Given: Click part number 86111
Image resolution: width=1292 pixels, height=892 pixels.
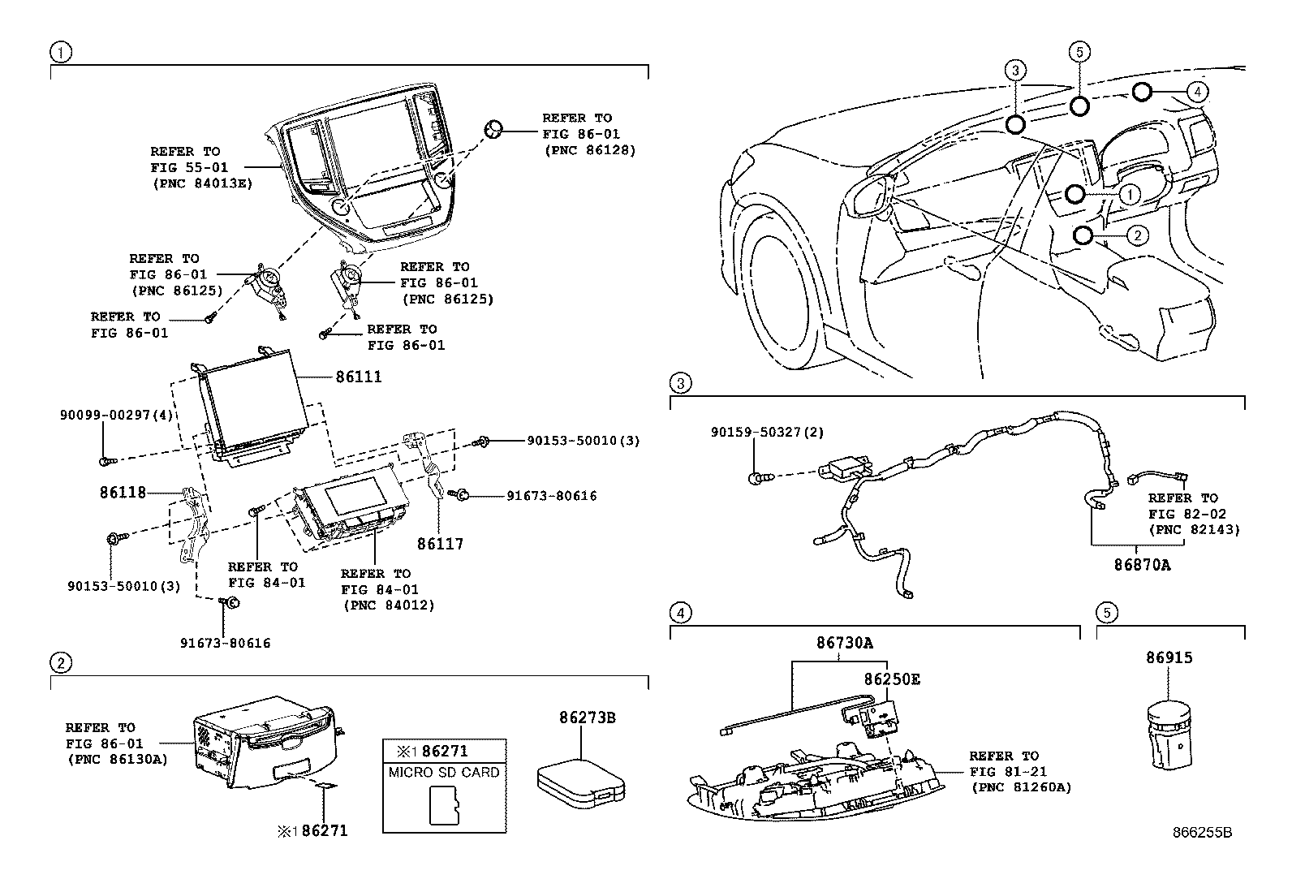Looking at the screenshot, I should point(359,377).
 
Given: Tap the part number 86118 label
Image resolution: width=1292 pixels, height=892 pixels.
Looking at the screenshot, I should point(123,492).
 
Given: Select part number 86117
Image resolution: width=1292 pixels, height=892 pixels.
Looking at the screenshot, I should point(441,544).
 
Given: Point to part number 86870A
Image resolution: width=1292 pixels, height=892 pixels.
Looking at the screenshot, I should point(1142,565).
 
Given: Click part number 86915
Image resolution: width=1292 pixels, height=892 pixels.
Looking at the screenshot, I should point(1169,657).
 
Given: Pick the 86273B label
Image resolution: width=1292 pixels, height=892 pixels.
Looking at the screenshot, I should point(587,717).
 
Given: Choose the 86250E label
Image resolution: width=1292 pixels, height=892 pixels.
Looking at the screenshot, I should point(892,679).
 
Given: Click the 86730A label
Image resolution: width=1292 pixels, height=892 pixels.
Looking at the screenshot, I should point(845,643).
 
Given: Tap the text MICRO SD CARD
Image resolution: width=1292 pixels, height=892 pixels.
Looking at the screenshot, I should point(444,772).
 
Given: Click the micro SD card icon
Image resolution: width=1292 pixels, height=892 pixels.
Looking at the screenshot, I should point(444,807).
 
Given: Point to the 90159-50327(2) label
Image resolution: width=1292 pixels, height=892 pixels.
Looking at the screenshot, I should point(767,433).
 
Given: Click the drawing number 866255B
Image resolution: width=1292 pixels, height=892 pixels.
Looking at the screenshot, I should point(1202,833).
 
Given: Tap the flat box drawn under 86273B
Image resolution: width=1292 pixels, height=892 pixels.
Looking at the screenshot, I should point(583,782).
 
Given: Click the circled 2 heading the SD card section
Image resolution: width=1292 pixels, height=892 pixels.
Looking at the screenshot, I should point(61,663).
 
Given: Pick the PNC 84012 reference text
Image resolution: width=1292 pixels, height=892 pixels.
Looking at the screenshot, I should point(389,605).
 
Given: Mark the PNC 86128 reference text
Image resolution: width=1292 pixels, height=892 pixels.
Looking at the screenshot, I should point(589,150).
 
